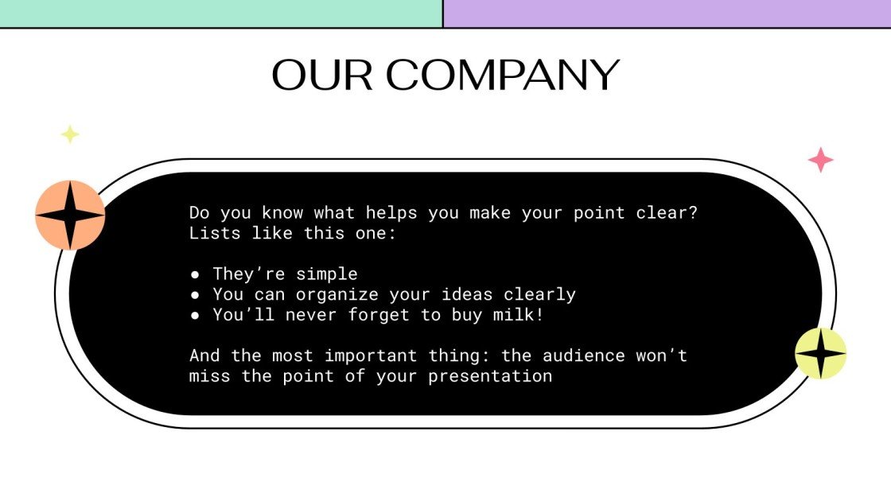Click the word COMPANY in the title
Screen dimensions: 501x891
tap(503, 76)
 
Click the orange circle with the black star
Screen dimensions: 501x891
tap(70, 215)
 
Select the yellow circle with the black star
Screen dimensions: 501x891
tap(821, 353)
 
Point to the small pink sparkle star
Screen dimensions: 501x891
tap(820, 160)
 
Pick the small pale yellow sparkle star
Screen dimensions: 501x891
tap(70, 134)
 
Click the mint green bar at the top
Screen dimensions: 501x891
tap(221, 14)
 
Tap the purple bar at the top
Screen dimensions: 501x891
tap(667, 14)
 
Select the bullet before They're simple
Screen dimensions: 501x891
tap(196, 274)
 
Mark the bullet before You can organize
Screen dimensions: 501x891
tap(196, 295)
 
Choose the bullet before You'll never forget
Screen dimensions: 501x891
tap(196, 316)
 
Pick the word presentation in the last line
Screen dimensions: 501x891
tap(490, 376)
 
